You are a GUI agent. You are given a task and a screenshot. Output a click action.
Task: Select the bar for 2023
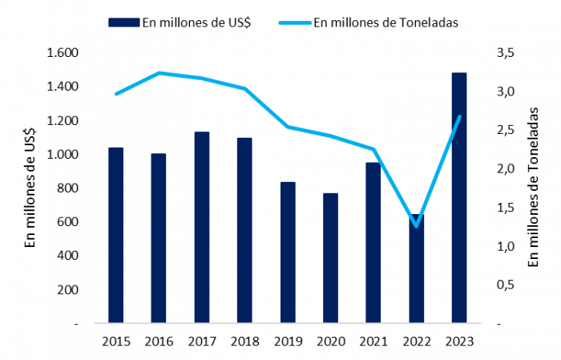pyautogui.click(x=459, y=198)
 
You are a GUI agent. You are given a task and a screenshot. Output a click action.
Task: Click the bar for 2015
pyautogui.click(x=115, y=236)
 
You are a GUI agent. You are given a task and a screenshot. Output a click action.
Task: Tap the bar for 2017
pyautogui.click(x=201, y=228)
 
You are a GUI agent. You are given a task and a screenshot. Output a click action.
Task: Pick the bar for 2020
pyautogui.click(x=330, y=258)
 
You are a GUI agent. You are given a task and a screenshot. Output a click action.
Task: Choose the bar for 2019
pyautogui.click(x=287, y=253)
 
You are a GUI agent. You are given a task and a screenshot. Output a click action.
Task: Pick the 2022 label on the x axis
pyautogui.click(x=416, y=341)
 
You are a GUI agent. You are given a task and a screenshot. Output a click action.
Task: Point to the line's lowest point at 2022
pyautogui.click(x=416, y=226)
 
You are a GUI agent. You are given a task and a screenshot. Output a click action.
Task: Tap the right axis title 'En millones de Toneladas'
pyautogui.click(x=534, y=188)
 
